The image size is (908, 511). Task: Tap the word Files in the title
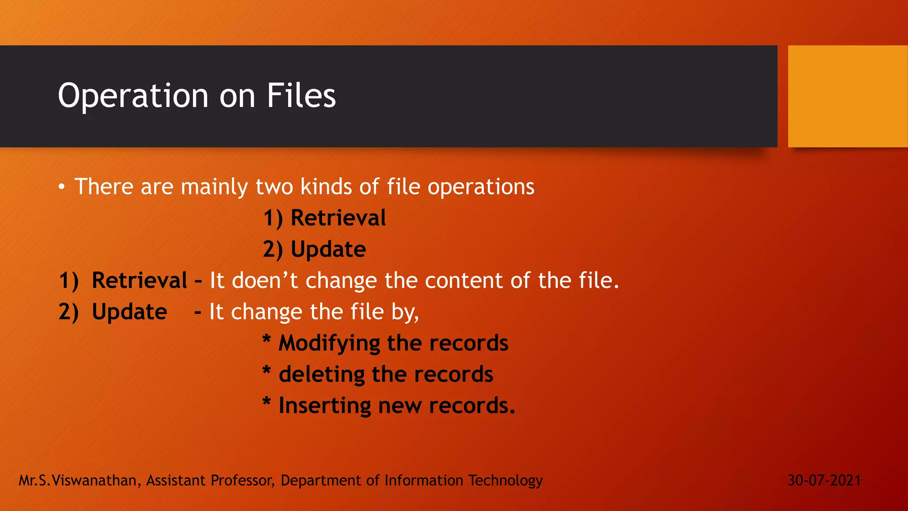[301, 96]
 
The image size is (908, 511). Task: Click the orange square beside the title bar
[847, 96]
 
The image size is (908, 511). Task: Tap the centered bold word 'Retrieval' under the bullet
[338, 218]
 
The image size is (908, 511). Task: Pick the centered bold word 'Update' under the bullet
[328, 249]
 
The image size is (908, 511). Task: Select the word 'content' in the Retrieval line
[464, 281]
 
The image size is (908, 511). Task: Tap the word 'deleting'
[321, 374]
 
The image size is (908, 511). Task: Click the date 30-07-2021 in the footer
[824, 480]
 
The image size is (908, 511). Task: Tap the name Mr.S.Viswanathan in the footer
[78, 480]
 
